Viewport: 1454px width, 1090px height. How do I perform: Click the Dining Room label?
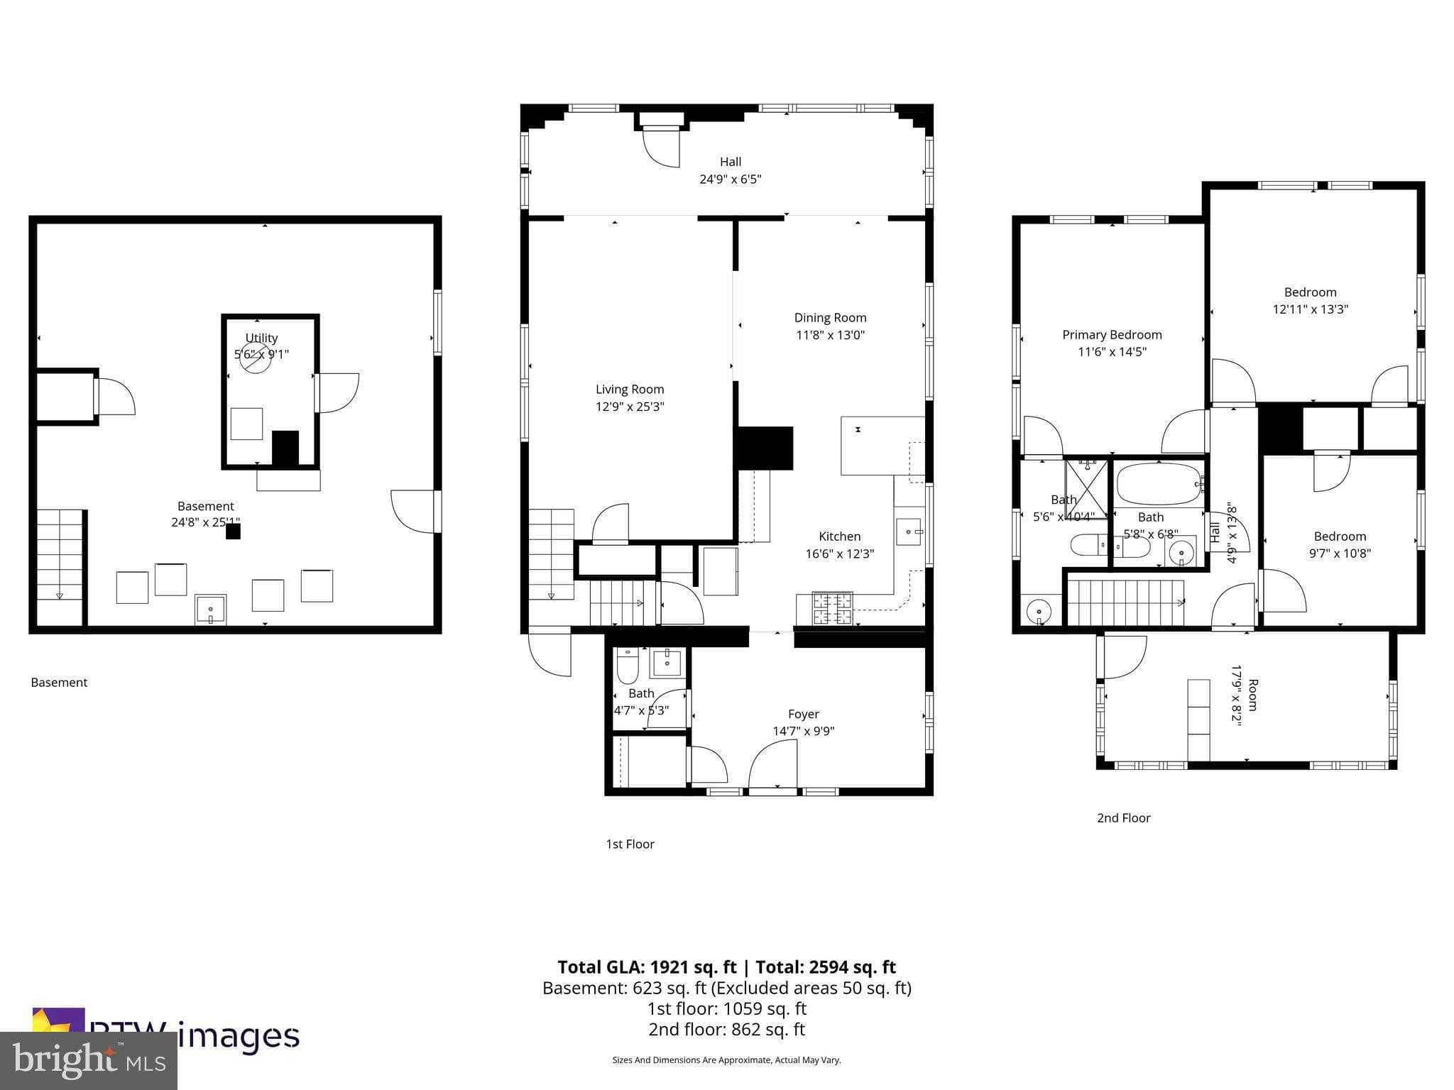830,318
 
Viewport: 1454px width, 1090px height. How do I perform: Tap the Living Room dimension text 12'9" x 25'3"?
630,407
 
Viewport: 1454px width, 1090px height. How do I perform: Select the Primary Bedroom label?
1112,335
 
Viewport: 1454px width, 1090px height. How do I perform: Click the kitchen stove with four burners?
832,609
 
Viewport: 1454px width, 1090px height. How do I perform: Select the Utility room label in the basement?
261,338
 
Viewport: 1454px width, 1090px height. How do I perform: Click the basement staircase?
60,557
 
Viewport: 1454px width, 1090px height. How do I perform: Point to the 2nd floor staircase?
1125,602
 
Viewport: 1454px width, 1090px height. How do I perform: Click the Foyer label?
803,714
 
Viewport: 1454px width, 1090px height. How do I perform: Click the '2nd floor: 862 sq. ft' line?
726,1029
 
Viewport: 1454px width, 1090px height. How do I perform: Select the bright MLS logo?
89,1060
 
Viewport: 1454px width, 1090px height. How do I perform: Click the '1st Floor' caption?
630,844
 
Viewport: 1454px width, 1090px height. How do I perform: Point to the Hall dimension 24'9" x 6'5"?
730,180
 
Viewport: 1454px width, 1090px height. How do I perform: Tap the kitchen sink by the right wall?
909,531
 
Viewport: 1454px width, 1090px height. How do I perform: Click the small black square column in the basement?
233,532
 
